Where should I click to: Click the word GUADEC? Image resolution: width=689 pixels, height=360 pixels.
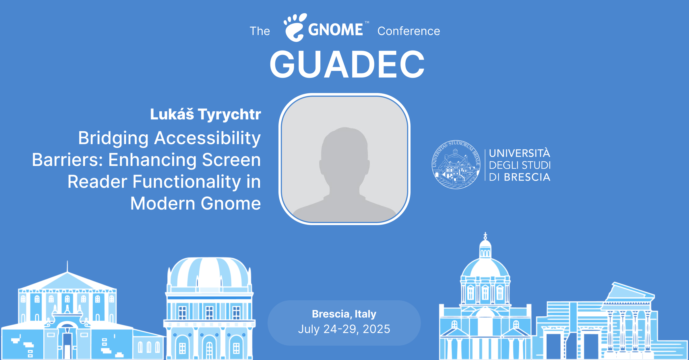(x=347, y=65)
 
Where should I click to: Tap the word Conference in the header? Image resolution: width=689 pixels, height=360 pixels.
(x=409, y=31)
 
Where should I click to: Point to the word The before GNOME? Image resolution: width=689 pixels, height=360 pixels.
(x=260, y=31)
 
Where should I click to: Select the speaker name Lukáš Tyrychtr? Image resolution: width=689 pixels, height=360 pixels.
(x=206, y=114)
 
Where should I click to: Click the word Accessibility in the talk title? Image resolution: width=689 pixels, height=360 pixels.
(x=207, y=138)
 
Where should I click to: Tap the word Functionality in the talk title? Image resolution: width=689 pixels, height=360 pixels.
(x=187, y=182)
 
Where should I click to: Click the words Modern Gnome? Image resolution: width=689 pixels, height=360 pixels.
(x=196, y=203)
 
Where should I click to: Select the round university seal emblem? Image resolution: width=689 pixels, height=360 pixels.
(x=456, y=165)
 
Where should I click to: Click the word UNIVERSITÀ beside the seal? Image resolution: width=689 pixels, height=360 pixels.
(x=520, y=153)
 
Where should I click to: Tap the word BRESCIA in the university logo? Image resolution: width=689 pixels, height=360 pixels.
(x=527, y=177)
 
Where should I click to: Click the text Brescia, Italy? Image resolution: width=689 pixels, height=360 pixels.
(x=344, y=314)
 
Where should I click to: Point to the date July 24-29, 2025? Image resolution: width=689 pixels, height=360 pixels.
(x=344, y=329)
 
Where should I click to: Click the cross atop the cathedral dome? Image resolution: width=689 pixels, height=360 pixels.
(x=485, y=236)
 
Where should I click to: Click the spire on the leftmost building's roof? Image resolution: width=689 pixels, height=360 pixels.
(x=67, y=266)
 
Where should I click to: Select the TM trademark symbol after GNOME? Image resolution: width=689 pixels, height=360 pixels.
(x=367, y=22)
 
